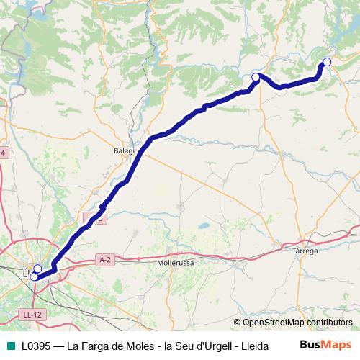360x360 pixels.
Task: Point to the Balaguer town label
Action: [125, 152]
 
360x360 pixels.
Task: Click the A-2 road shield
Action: [105, 259]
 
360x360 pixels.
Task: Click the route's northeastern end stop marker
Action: [327, 62]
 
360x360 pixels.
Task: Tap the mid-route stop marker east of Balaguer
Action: [256, 77]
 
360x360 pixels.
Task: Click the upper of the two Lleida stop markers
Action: [37, 269]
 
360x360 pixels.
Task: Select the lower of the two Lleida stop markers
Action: [34, 276]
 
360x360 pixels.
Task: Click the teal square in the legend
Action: [9, 345]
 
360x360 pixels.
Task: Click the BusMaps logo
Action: [326, 344]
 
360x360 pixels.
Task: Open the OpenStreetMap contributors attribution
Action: [297, 323]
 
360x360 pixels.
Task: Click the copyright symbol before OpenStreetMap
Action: [237, 323]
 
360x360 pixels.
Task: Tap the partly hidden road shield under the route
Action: [94, 217]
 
